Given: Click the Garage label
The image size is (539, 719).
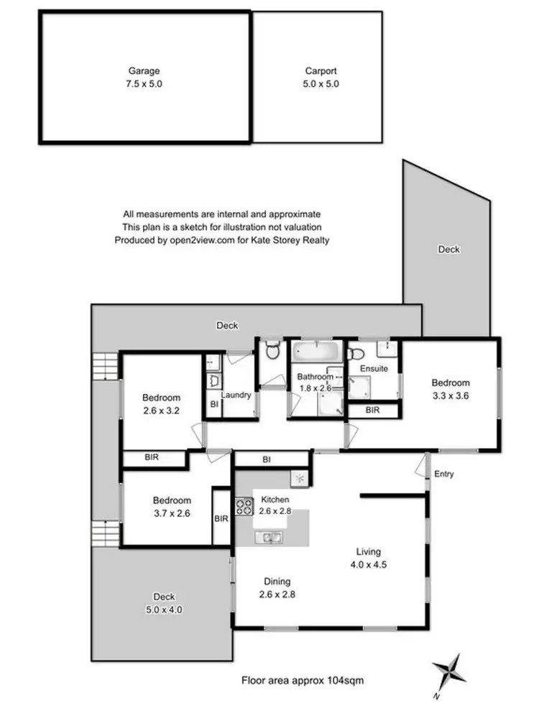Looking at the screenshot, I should click(x=144, y=71).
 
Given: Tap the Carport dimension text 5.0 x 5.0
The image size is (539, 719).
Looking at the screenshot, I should click(x=321, y=83).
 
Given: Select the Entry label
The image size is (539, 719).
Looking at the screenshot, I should click(x=444, y=474).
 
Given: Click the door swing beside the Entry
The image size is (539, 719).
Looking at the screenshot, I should click(x=421, y=467).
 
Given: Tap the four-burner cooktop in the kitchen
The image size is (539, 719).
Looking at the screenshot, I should click(x=244, y=506).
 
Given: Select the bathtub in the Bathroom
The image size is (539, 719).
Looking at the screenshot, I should click(x=314, y=353).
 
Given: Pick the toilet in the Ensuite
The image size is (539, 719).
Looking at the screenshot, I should click(x=355, y=353).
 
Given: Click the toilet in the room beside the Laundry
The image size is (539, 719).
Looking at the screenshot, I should click(x=272, y=352).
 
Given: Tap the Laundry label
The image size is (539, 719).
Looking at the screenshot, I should click(x=236, y=395).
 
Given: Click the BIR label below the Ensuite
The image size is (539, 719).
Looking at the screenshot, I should click(x=372, y=410).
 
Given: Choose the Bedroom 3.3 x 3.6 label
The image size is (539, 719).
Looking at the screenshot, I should click(x=450, y=383).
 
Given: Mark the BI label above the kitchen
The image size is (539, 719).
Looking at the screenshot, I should click(x=266, y=459).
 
